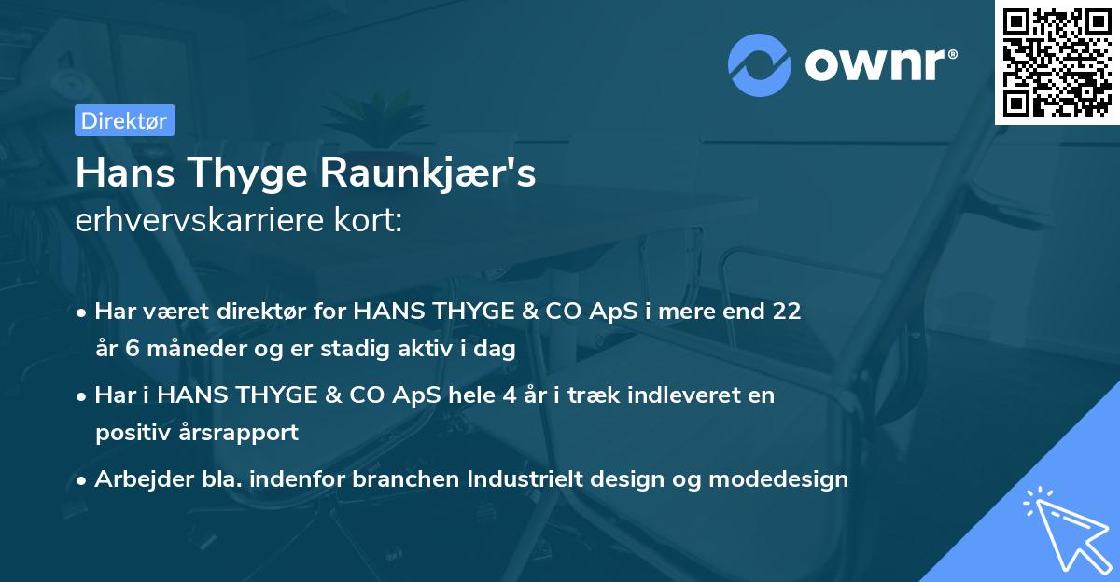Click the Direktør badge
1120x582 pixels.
click(124, 120)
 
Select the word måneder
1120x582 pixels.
click(184, 349)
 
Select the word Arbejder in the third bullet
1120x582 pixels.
click(136, 479)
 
